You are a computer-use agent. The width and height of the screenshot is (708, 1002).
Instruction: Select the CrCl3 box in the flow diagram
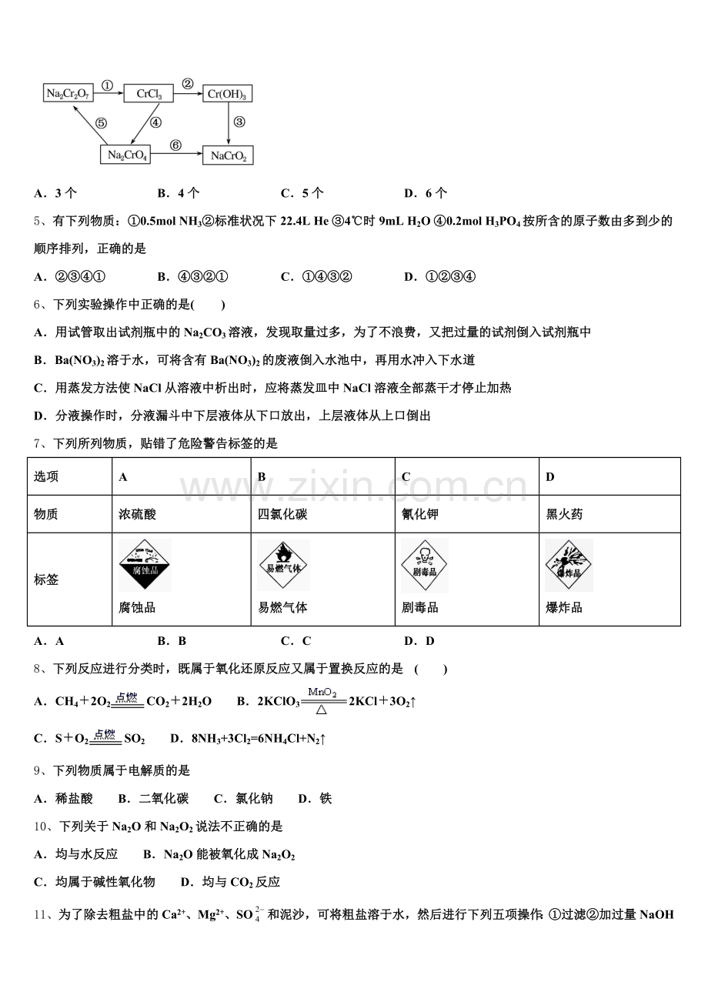pos(149,94)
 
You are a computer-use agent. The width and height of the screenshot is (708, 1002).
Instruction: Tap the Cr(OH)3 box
pos(228,94)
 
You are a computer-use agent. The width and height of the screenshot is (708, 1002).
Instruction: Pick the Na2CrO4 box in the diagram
pos(125,155)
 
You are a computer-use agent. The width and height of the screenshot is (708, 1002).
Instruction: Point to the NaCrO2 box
pos(228,155)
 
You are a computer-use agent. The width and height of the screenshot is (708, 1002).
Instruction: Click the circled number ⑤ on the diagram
pos(102,122)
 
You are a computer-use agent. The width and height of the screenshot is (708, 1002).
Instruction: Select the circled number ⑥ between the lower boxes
pos(175,145)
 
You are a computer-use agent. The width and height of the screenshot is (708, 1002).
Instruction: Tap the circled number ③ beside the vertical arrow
pos(239,122)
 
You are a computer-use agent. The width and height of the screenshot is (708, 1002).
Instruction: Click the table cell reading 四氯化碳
pos(282,514)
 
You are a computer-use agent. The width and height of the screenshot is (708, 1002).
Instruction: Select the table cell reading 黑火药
pos(564,514)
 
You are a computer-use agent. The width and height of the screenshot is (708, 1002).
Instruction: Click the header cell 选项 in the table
pos(45,476)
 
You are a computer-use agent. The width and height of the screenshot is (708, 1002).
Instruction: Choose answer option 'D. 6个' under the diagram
pos(426,192)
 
